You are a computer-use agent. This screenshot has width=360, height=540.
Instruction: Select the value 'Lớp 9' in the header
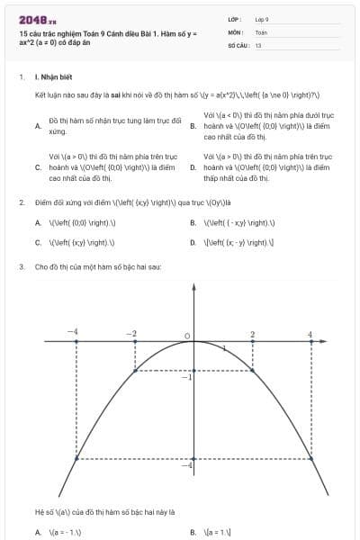(262, 18)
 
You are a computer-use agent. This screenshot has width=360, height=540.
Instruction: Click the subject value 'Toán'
(261, 31)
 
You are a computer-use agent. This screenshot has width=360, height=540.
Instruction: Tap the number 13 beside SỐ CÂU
(258, 44)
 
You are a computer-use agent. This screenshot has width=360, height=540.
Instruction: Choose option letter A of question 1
(37, 126)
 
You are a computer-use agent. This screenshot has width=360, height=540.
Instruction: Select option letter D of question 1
(193, 167)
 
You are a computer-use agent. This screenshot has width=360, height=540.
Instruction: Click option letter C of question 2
(37, 242)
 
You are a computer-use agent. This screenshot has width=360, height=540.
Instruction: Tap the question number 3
(21, 267)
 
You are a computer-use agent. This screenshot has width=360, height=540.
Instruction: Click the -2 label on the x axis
(132, 334)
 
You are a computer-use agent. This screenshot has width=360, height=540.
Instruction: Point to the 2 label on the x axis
(252, 334)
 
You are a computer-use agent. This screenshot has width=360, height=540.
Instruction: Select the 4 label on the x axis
(310, 334)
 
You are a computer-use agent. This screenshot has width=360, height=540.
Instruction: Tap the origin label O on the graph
(187, 336)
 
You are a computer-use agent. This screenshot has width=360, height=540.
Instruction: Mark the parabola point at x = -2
(135, 370)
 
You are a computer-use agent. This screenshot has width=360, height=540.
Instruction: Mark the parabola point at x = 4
(311, 459)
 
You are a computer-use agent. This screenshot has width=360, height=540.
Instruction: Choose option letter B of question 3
(193, 532)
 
